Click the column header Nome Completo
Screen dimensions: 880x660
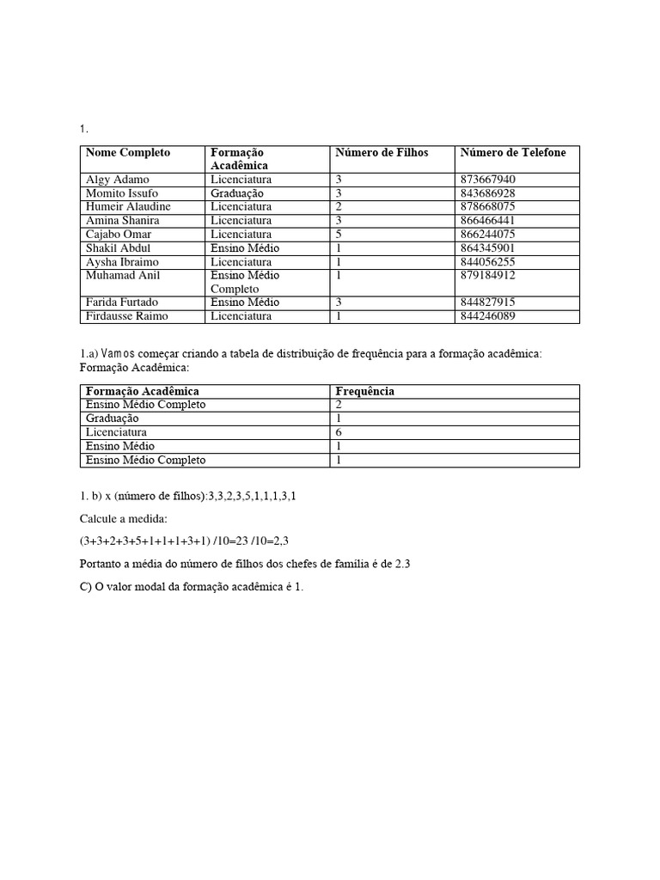128,152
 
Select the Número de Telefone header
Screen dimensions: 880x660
513,152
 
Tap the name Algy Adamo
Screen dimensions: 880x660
118,180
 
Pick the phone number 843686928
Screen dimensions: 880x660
487,193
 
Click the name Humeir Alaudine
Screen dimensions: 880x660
128,207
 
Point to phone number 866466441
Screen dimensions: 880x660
487,221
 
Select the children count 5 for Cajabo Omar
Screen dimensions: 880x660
339,235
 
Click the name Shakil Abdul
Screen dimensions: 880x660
119,248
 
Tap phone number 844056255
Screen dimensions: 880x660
487,262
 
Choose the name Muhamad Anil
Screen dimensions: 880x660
123,276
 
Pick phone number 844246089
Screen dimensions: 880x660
487,316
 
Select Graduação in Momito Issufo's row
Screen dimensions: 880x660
236,193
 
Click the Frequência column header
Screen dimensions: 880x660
364,391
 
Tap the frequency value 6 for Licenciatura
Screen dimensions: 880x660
339,432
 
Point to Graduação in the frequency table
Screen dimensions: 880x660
113,419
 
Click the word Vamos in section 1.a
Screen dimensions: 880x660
118,355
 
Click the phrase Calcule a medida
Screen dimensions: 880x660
125,519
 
